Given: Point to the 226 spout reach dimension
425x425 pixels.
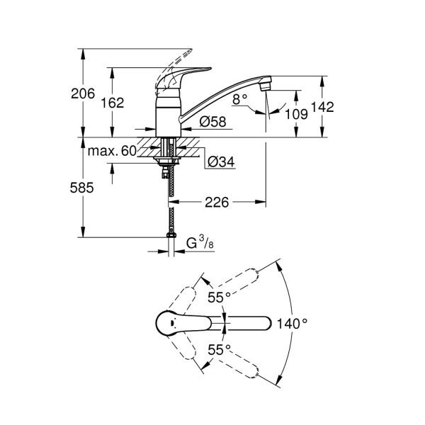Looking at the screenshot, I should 217,203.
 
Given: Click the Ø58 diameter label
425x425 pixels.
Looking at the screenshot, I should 212,122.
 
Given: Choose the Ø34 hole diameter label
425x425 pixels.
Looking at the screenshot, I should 222,162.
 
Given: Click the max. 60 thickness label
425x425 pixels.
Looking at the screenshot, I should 112,151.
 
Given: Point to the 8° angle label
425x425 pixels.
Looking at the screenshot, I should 240,99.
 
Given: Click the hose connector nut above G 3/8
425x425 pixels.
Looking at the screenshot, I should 170,237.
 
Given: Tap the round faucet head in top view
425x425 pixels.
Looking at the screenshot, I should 168,324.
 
